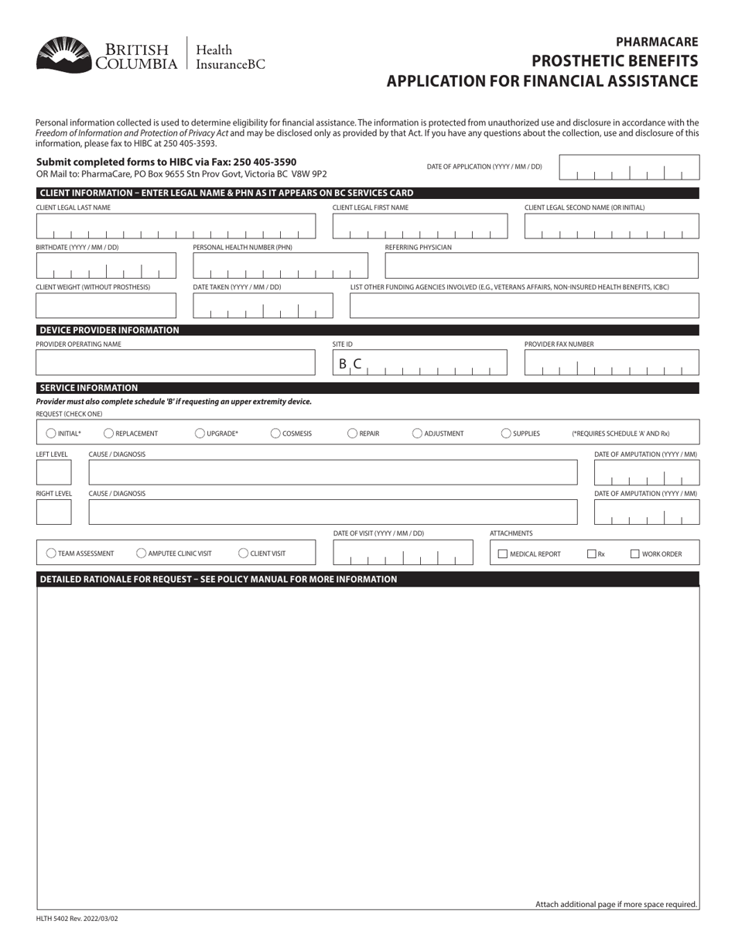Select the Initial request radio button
pyautogui.click(x=51, y=433)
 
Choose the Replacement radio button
pyautogui.click(x=108, y=433)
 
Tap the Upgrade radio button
pyautogui.click(x=200, y=433)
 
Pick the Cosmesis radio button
pyautogui.click(x=275, y=433)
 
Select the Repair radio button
pyautogui.click(x=352, y=433)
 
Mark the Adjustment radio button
pyautogui.click(x=417, y=433)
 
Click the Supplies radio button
pyautogui.click(x=506, y=433)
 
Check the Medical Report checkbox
pyautogui.click(x=503, y=553)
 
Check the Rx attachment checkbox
pyautogui.click(x=592, y=553)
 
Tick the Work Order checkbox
pyautogui.click(x=635, y=553)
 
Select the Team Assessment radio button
pyautogui.click(x=51, y=553)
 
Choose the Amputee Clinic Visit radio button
pyautogui.click(x=141, y=553)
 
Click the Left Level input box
pyautogui.click(x=53, y=472)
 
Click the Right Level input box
pyautogui.click(x=53, y=512)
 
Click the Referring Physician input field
pyautogui.click(x=542, y=265)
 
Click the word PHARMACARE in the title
pyautogui.click(x=657, y=43)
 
